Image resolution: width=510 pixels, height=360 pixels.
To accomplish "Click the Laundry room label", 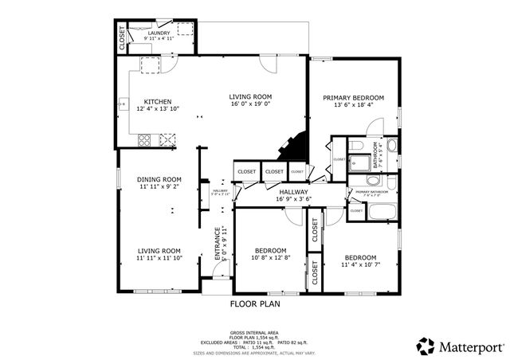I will (x=159, y=33).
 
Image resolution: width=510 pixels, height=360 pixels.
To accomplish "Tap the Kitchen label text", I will (x=158, y=101).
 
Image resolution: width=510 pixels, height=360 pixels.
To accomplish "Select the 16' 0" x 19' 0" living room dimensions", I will (x=251, y=103).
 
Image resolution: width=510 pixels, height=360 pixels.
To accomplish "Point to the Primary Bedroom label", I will (x=353, y=98).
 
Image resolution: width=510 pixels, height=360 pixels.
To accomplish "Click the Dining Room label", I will (x=159, y=179).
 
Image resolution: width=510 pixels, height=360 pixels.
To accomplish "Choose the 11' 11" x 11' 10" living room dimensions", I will (x=159, y=257).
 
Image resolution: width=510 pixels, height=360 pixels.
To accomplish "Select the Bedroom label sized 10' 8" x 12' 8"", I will (x=270, y=251).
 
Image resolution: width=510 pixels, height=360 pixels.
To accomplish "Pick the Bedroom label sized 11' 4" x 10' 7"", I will (x=360, y=257).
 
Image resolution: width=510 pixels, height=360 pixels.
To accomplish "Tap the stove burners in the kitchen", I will (x=145, y=140).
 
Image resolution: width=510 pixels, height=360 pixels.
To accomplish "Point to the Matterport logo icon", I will (x=426, y=346).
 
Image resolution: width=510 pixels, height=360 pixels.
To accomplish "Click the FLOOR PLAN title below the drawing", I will (x=255, y=303).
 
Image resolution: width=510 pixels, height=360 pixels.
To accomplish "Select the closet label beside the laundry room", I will (x=122, y=37).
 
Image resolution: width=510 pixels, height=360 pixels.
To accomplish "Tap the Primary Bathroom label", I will (x=371, y=192).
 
